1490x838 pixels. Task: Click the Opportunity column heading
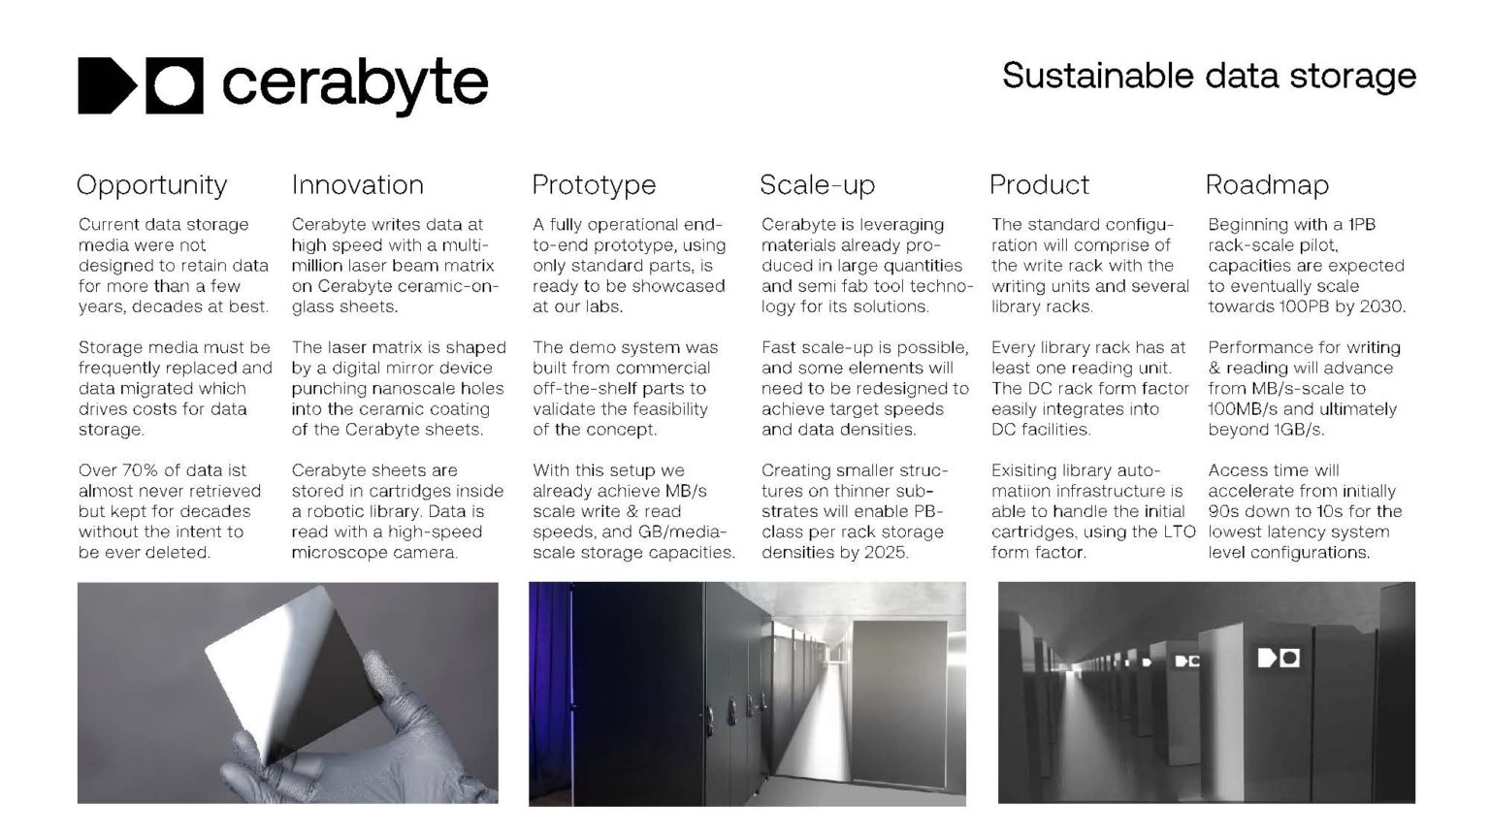pos(151,185)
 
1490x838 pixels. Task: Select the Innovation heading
pos(357,185)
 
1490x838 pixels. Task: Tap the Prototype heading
pos(594,185)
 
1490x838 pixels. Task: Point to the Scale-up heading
pos(817,185)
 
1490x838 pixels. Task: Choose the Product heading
pos(1039,185)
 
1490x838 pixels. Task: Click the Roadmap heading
pos(1267,185)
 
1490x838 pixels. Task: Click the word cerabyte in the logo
pos(355,85)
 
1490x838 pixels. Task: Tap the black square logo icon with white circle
pos(175,85)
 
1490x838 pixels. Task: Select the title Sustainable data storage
pos(1209,76)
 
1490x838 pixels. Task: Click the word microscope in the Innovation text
pos(340,553)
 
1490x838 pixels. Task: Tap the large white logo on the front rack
pos(1279,659)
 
